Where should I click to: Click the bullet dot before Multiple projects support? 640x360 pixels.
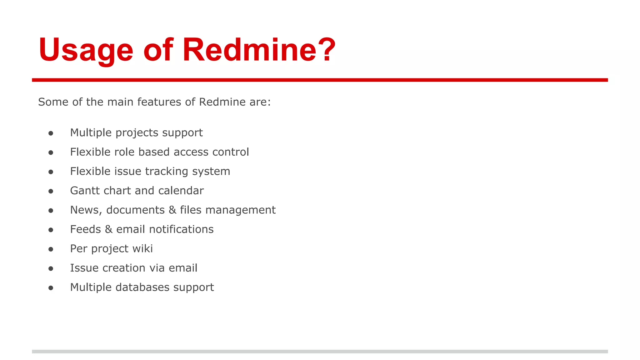(x=51, y=133)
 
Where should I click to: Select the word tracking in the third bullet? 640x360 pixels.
(x=166, y=172)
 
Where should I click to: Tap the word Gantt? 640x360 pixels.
(x=83, y=191)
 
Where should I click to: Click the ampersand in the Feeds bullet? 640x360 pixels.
(x=108, y=229)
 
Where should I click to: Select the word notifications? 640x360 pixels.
(x=181, y=229)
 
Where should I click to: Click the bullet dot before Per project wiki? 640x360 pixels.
(x=51, y=249)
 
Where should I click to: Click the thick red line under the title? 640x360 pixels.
(x=320, y=80)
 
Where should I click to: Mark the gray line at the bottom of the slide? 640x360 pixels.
(x=320, y=352)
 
